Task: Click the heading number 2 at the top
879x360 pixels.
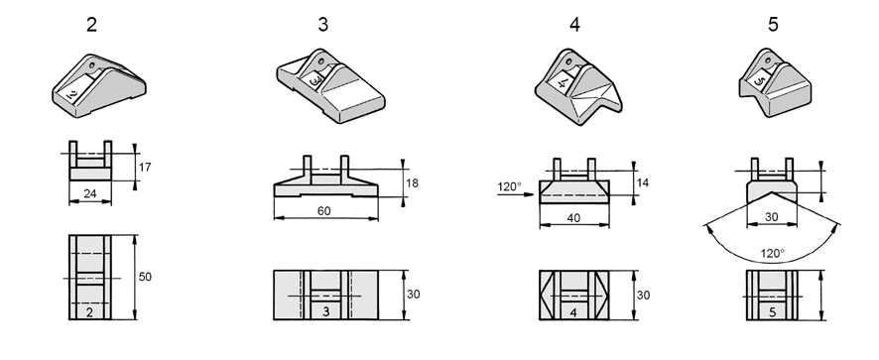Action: tap(91, 25)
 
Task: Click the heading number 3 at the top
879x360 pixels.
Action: tap(322, 25)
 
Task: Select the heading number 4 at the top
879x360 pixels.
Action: tap(574, 25)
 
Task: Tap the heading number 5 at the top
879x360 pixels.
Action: tap(773, 25)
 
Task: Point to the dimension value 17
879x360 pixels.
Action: tap(145, 167)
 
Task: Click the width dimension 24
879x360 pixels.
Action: tap(90, 194)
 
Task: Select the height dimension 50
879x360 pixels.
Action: tap(145, 277)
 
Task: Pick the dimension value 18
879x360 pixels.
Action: tap(412, 183)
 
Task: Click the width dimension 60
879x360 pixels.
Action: tap(324, 211)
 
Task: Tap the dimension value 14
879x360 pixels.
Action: tap(643, 182)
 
